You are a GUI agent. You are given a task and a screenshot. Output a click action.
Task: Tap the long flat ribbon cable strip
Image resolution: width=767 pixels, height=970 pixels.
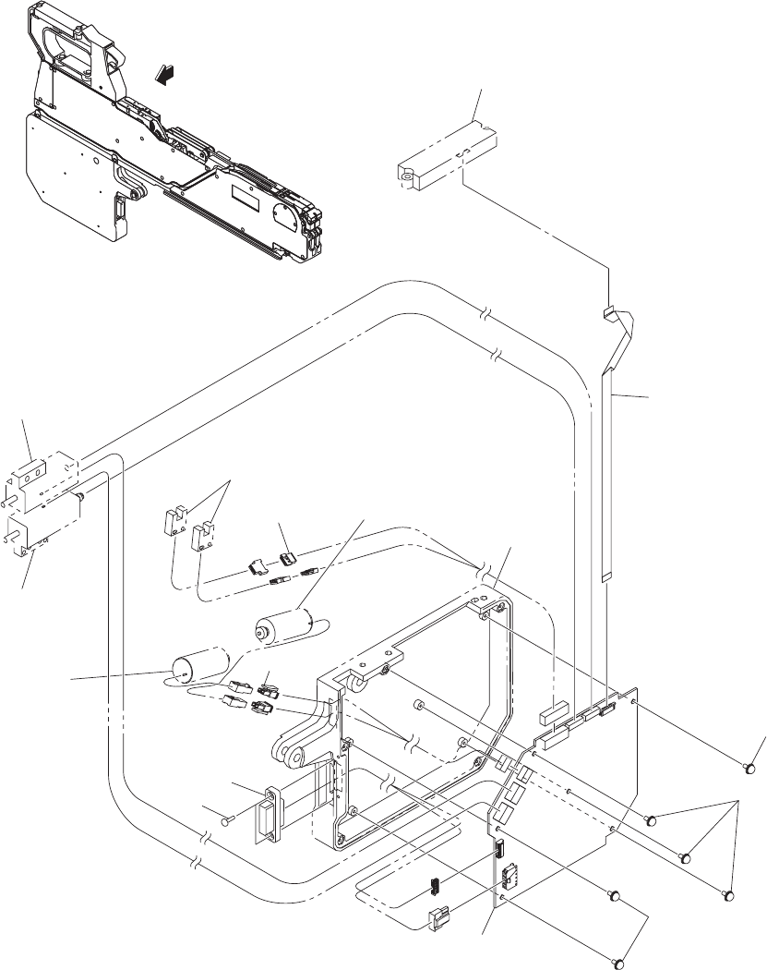pyautogui.click(x=610, y=462)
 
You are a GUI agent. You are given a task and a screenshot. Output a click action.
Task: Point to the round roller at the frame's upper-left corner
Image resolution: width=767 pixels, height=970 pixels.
pyautogui.click(x=354, y=682)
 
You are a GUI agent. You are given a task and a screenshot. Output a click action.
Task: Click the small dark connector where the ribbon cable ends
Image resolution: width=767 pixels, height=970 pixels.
pyautogui.click(x=606, y=709)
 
